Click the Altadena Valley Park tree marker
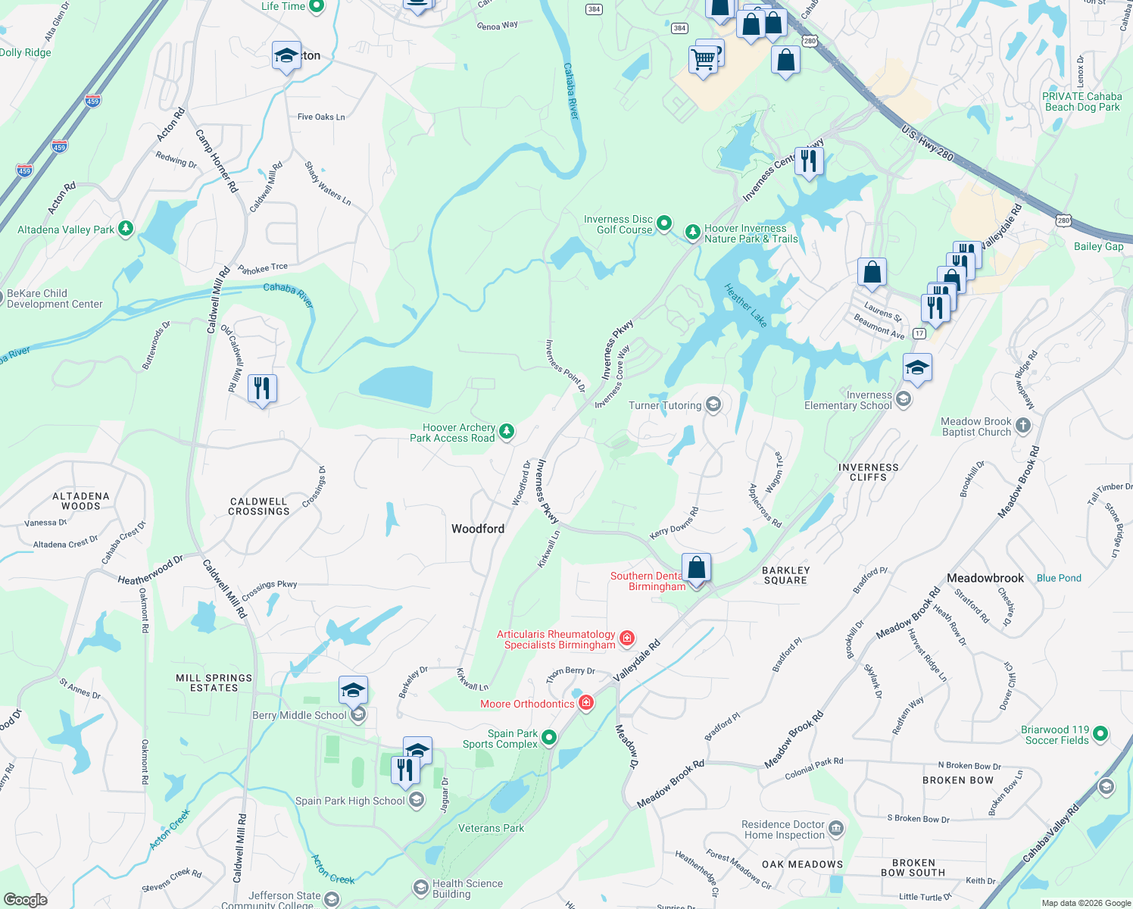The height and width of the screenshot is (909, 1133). (126, 229)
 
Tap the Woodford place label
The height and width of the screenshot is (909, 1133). (477, 529)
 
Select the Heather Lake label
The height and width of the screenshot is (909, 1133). (746, 305)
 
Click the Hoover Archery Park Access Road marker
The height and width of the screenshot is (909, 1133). (507, 432)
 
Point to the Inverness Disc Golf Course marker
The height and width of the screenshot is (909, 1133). (663, 223)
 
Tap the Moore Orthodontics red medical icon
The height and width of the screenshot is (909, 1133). (585, 704)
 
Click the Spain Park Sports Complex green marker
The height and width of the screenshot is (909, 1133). (549, 737)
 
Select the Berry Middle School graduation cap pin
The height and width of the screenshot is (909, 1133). (353, 691)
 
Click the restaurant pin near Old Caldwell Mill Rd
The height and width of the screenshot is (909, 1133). (262, 389)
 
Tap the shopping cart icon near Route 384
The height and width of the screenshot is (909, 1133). (703, 58)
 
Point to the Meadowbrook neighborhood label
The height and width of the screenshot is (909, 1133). (985, 578)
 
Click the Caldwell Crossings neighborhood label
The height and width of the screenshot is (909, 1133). (259, 506)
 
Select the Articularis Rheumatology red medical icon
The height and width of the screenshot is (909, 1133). (626, 639)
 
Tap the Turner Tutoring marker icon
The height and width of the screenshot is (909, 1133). (713, 405)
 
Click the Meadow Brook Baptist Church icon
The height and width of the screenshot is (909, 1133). (1023, 425)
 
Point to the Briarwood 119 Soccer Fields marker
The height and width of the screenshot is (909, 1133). (1100, 733)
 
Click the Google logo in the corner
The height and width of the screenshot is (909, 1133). (25, 899)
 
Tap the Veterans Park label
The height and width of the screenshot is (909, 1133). (491, 828)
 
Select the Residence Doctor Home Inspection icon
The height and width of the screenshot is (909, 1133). (835, 829)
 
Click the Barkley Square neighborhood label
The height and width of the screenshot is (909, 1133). (785, 575)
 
